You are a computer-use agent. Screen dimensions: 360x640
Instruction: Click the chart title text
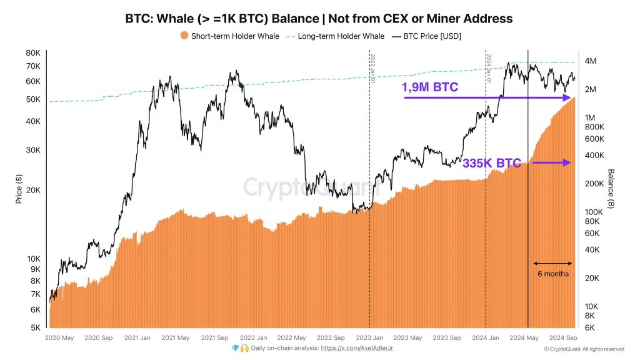point(319,19)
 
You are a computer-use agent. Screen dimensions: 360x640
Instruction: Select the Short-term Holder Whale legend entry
point(229,36)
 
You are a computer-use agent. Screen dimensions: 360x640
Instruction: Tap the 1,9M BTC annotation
point(431,87)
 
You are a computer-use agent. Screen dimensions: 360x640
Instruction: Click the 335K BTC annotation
point(491,164)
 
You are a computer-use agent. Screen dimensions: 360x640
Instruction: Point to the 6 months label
point(552,273)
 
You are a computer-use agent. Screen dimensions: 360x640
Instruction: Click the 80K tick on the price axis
point(33,53)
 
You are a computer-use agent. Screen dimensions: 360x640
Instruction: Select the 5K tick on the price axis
point(35,327)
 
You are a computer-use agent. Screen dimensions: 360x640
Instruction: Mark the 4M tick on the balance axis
point(591,61)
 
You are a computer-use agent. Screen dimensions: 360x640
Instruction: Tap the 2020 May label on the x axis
point(61,338)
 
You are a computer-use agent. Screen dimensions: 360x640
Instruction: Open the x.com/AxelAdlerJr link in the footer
point(357,348)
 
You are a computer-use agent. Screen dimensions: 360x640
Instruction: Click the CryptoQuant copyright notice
point(584,349)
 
